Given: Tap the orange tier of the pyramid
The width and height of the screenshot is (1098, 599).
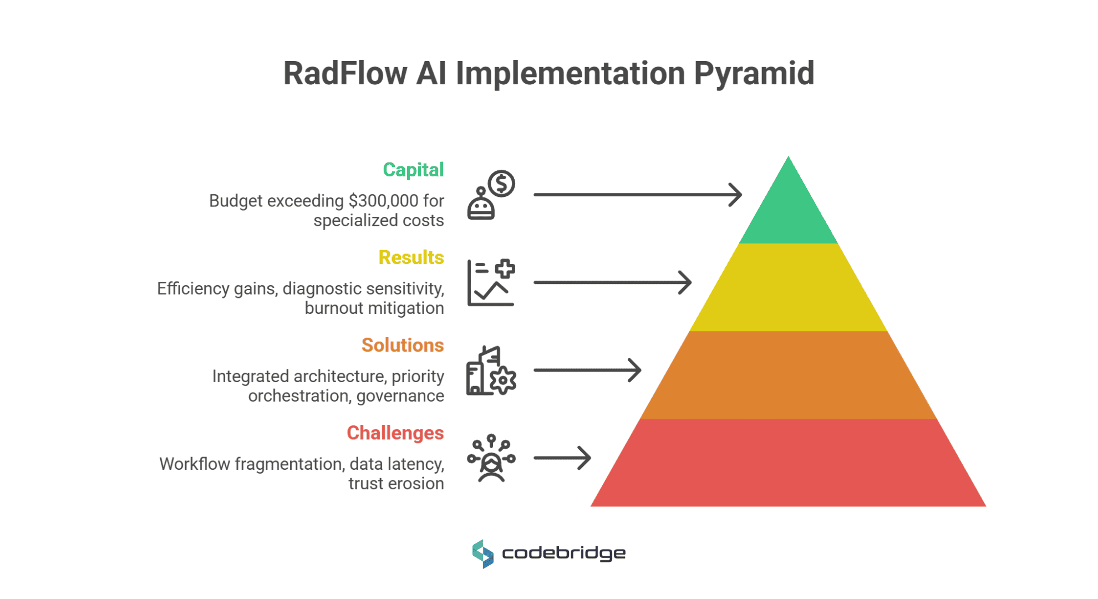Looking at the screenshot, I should (788, 375).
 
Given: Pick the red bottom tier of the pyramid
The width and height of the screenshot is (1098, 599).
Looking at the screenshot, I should (788, 463).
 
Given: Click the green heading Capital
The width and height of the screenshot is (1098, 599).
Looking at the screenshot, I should (413, 170).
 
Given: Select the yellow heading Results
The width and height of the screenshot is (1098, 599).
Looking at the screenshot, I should (411, 257).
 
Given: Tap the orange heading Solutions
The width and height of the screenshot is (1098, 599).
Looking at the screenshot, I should (403, 345).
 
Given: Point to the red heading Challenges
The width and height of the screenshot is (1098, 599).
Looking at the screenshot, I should (395, 433).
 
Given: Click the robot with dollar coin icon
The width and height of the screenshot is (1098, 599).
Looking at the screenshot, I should (491, 195).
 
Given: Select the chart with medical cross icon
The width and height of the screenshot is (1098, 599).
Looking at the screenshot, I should (491, 282).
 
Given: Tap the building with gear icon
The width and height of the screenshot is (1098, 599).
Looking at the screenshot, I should (491, 370).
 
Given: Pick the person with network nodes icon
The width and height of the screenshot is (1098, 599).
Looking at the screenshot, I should (491, 458).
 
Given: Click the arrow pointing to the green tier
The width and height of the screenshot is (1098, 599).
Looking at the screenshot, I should (638, 195).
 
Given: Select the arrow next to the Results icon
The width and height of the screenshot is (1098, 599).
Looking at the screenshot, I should (612, 282).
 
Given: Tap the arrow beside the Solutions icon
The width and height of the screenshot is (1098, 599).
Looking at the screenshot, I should (587, 370).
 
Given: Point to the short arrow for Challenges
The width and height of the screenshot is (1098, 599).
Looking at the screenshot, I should (562, 458).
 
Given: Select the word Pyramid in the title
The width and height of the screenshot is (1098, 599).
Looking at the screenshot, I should (754, 73).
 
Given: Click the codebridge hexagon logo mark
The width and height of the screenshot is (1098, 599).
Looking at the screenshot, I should (482, 554).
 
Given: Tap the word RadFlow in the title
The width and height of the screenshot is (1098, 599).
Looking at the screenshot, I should (345, 73).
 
